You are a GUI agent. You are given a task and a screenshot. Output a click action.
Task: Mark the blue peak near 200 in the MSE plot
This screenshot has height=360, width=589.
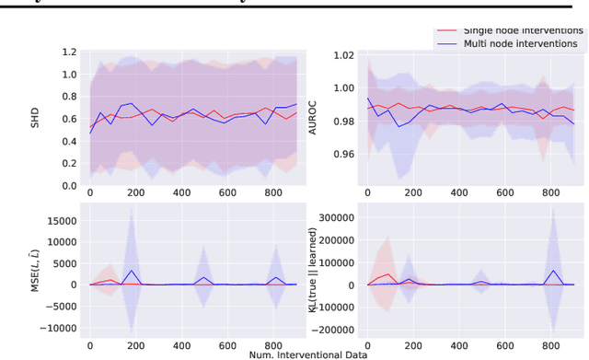(x=133, y=271)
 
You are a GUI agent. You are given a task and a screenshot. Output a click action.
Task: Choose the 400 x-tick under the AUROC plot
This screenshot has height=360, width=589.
(x=456, y=194)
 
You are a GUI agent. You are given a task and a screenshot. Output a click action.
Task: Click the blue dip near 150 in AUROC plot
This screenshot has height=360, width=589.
(x=399, y=126)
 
